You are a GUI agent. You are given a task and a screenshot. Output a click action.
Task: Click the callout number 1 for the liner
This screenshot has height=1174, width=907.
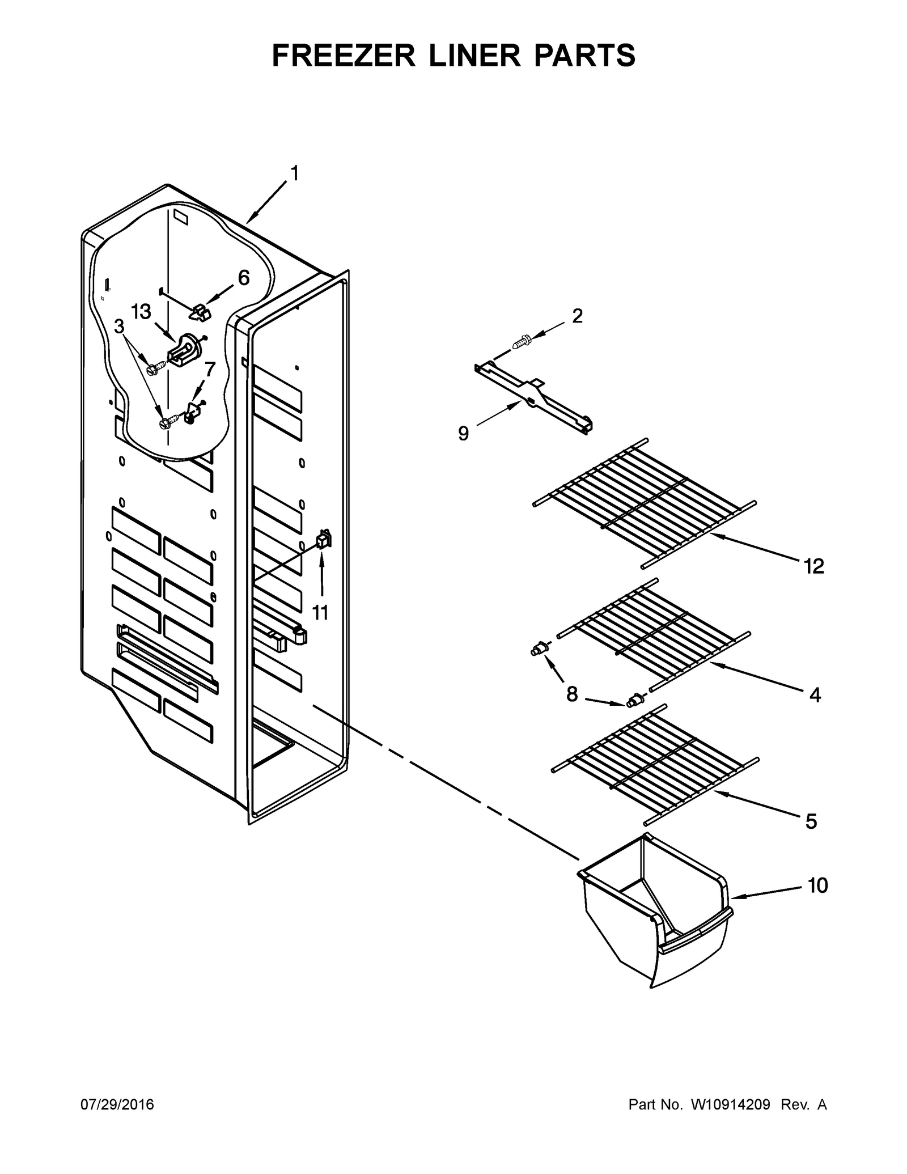pos(294,173)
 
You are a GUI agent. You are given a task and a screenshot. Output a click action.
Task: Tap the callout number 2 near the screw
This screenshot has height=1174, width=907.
pos(577,316)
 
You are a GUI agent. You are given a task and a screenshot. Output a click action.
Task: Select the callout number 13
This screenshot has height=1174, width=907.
pos(141,312)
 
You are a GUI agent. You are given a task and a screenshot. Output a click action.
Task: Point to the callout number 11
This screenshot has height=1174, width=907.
pos(320,612)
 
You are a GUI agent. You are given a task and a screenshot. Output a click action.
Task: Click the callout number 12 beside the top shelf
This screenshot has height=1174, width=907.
pos(813,566)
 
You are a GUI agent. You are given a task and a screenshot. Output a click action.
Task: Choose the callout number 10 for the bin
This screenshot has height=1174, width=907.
pos(817,885)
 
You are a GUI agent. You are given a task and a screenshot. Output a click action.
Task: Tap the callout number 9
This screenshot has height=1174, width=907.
pos(463,434)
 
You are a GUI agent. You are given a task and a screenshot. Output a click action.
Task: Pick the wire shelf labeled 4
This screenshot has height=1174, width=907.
pos(652,635)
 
